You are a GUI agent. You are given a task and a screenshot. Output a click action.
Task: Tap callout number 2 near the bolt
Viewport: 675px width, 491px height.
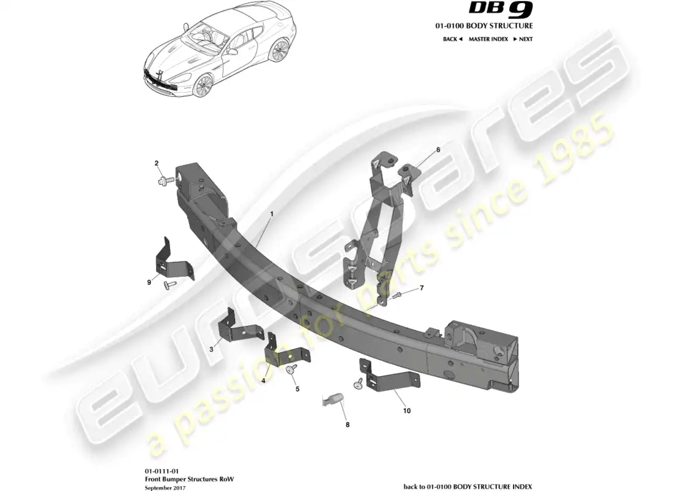click(x=156, y=163)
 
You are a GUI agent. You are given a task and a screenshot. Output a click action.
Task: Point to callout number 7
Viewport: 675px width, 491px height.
click(x=422, y=288)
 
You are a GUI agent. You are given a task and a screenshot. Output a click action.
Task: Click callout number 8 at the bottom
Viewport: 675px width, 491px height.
click(x=347, y=424)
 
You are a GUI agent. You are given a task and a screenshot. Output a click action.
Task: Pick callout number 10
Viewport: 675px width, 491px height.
click(x=406, y=411)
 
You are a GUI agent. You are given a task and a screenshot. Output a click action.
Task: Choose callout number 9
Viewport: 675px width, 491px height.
click(x=149, y=282)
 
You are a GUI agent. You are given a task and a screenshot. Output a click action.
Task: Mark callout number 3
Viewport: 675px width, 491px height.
click(x=211, y=349)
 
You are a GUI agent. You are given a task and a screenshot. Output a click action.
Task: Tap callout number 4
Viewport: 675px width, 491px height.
click(x=263, y=381)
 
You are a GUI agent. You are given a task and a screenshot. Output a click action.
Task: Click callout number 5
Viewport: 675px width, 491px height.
click(x=298, y=389)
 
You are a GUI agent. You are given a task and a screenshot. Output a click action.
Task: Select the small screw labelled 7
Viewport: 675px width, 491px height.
click(x=398, y=295)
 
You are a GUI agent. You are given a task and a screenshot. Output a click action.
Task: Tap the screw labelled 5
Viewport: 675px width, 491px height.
click(x=290, y=370)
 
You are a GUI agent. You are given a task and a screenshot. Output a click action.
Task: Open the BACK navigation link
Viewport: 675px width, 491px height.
click(x=452, y=39)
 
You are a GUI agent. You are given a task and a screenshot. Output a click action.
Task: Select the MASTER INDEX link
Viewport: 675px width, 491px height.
click(x=488, y=39)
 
